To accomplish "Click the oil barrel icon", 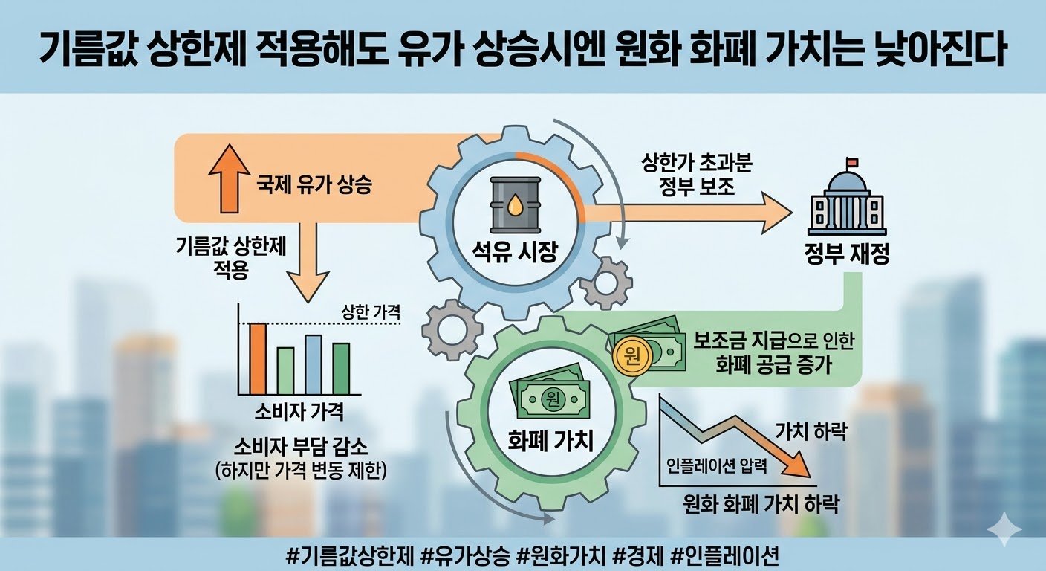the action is point(515,204).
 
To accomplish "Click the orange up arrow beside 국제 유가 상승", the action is point(230,178).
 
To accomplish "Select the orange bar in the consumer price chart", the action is point(257,359).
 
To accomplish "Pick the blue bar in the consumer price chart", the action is point(314,365).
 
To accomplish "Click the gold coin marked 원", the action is point(633,357).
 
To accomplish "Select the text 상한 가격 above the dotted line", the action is point(371,312).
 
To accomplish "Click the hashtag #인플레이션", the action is point(725,555).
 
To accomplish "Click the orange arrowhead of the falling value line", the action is point(796,465).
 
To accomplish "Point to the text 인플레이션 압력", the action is point(716,465).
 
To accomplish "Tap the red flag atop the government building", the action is point(853,162).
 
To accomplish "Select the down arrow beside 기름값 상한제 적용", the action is point(308,262).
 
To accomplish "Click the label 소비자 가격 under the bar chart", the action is point(299,412).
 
